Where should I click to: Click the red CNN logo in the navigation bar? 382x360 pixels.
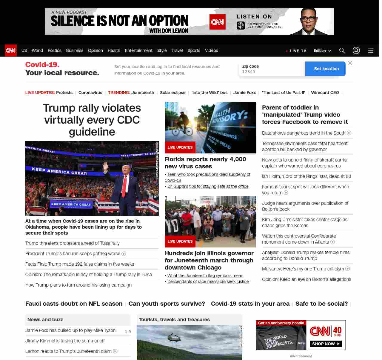click(x=11, y=50)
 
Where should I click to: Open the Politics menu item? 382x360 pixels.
click(x=54, y=50)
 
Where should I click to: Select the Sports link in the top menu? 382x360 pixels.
click(x=194, y=50)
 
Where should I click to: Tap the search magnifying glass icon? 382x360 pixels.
click(x=342, y=50)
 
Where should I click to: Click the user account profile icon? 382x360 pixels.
click(x=356, y=50)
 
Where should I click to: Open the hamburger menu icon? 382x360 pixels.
click(x=371, y=50)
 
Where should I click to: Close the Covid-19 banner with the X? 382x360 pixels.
click(x=350, y=63)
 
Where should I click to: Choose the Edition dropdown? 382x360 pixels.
click(x=322, y=51)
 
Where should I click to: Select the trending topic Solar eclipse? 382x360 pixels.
click(x=172, y=93)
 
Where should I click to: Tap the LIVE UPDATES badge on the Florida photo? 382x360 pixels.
click(x=180, y=147)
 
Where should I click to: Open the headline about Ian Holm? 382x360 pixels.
click(x=306, y=176)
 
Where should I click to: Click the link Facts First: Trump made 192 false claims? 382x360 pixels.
click(x=79, y=264)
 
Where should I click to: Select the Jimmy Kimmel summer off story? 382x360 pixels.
click(x=65, y=341)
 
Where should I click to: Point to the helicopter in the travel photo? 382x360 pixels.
click(x=174, y=338)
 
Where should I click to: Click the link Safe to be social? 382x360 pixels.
click(x=321, y=304)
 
